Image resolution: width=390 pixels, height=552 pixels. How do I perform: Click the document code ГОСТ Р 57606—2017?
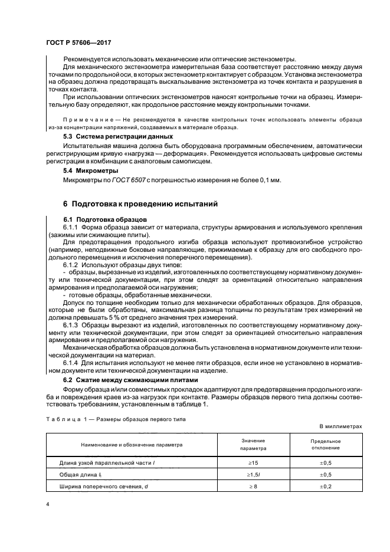click(x=78, y=43)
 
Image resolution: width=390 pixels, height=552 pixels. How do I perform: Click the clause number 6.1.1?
click(x=72, y=227)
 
